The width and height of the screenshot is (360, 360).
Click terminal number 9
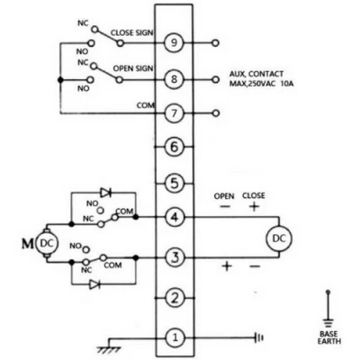(x=176, y=41)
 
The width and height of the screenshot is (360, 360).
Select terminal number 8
(x=176, y=78)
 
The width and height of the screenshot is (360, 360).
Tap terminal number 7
(x=176, y=114)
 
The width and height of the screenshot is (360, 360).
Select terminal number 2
(x=176, y=298)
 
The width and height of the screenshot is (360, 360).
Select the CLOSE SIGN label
(x=131, y=32)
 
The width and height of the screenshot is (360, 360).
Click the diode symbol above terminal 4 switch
(x=106, y=192)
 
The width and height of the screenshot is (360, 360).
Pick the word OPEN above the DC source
(x=224, y=195)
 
